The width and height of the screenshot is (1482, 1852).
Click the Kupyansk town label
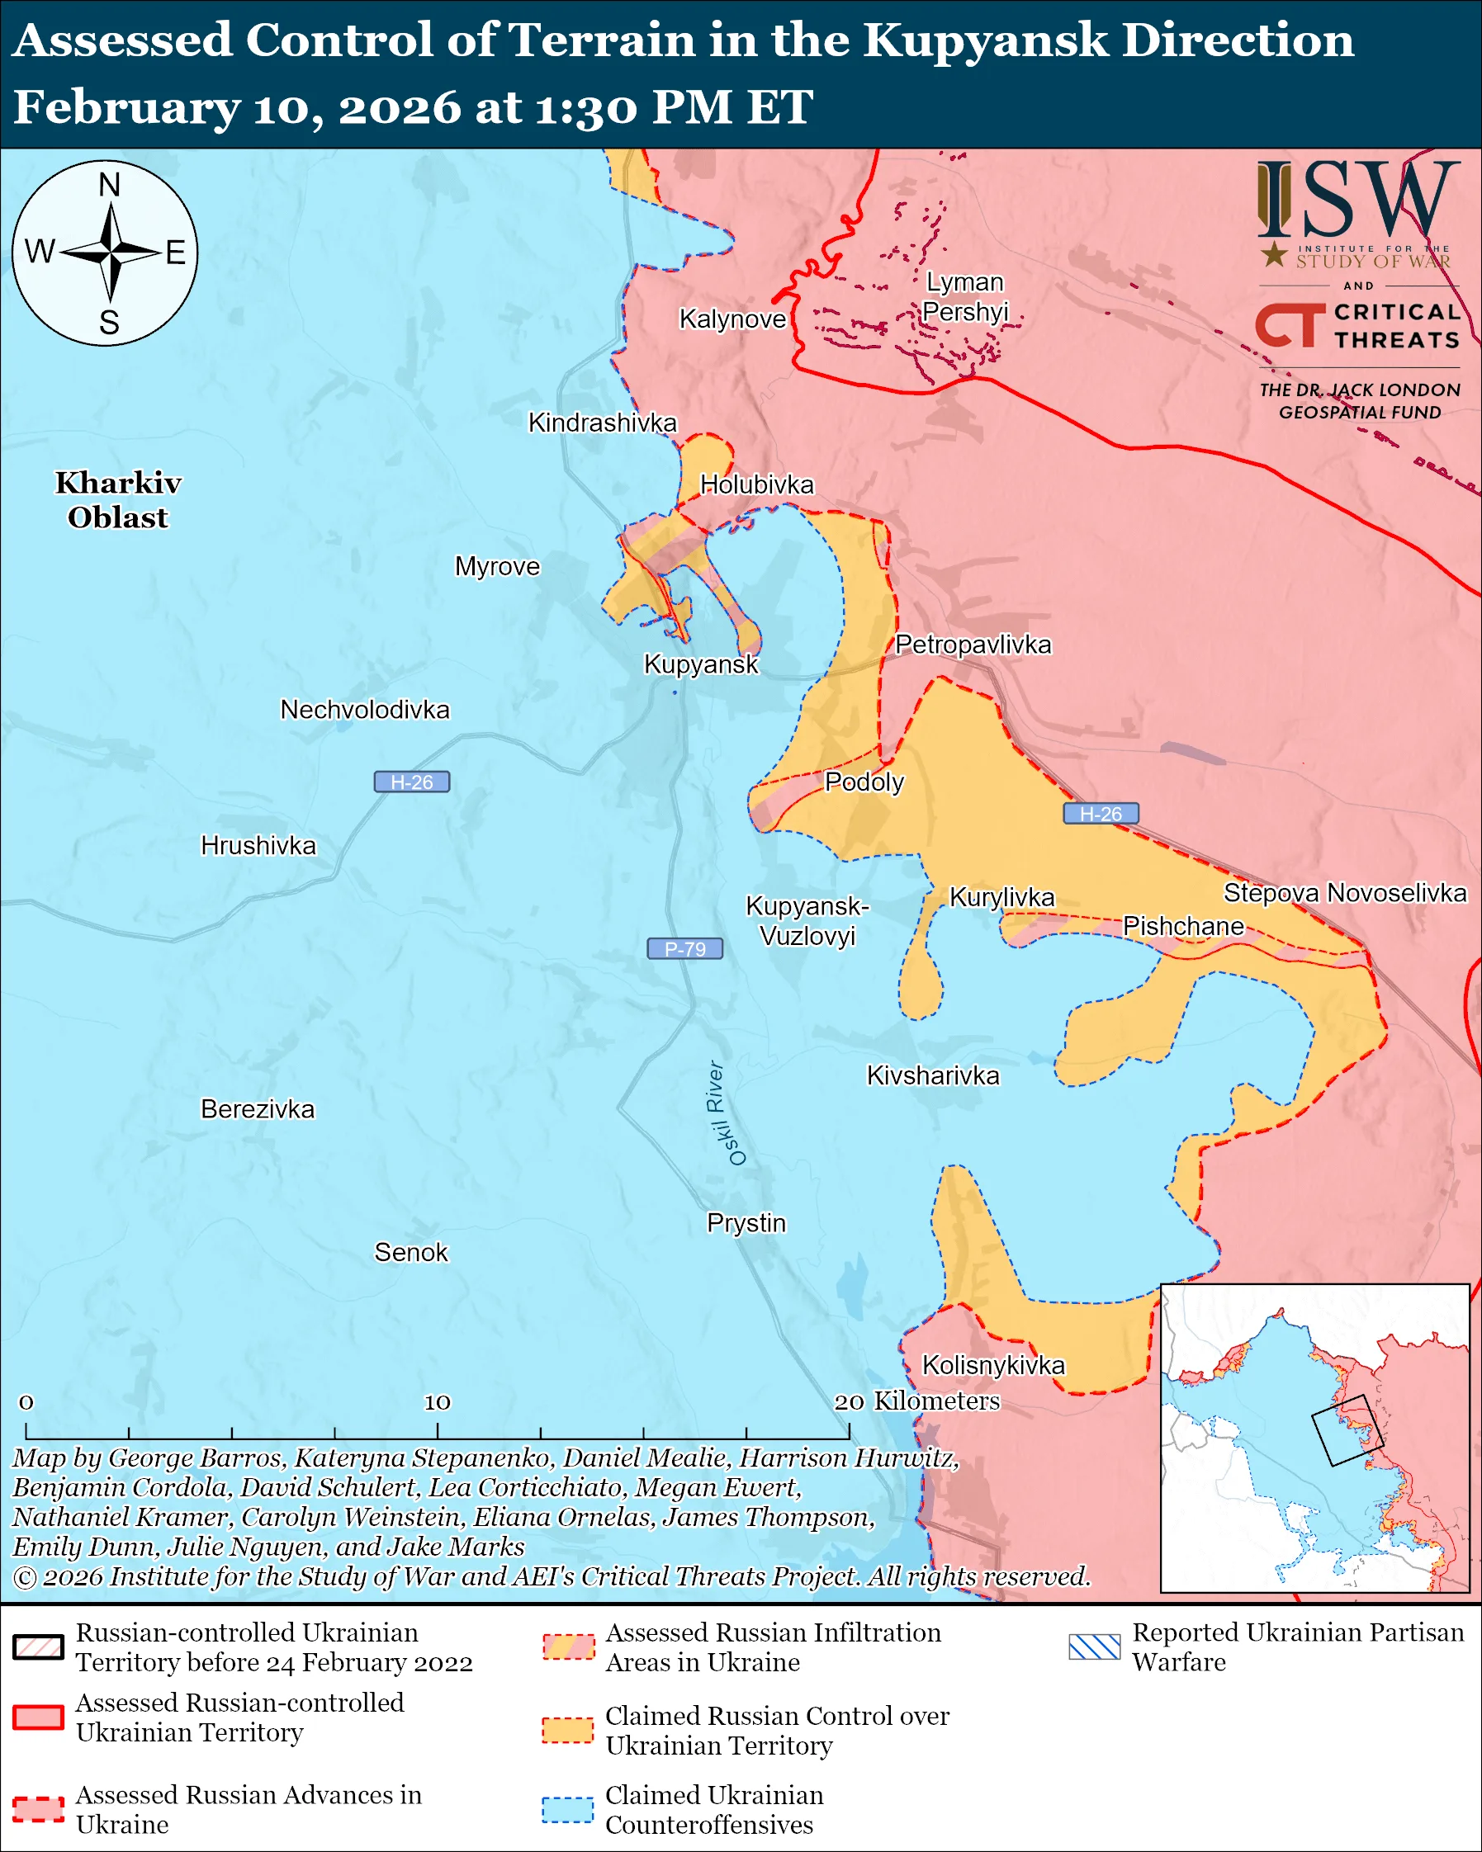tap(701, 664)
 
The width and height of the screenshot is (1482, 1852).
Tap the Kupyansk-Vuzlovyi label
tap(807, 920)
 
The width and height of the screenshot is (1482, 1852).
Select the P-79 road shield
tap(684, 948)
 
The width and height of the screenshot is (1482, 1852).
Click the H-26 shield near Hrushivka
tap(411, 782)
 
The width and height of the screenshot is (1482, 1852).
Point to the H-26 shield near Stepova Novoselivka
tap(1101, 814)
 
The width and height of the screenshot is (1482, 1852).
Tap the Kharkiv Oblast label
tap(119, 500)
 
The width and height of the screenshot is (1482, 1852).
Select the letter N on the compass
tap(109, 185)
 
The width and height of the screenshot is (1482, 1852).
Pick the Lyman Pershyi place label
tap(965, 296)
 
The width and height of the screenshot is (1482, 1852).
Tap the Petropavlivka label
tap(973, 645)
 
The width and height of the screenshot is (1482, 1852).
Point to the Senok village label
tap(410, 1251)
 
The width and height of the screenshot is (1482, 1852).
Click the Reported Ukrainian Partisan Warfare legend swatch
tap(1095, 1646)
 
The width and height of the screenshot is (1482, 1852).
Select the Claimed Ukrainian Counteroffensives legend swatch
tap(567, 1809)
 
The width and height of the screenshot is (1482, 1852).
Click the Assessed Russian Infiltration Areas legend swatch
tap(567, 1646)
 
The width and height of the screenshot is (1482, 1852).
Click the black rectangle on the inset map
tap(1347, 1430)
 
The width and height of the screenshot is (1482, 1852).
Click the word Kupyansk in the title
tap(986, 40)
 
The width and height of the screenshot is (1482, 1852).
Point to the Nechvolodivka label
tap(364, 710)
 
